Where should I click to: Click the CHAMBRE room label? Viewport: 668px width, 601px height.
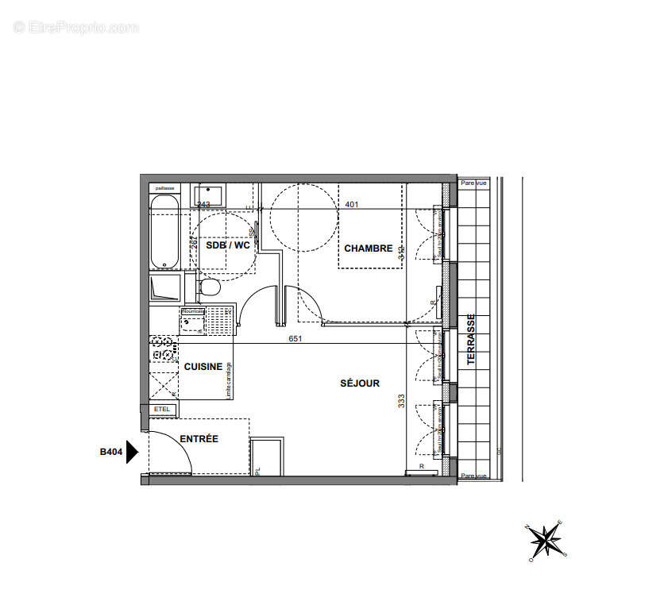pyautogui.click(x=368, y=248)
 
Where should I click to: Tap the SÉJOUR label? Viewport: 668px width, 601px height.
pyautogui.click(x=360, y=383)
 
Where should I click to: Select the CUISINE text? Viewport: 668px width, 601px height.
pyautogui.click(x=203, y=367)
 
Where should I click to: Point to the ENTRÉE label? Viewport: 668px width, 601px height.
pyautogui.click(x=199, y=439)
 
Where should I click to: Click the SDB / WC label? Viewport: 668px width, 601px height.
pyautogui.click(x=228, y=245)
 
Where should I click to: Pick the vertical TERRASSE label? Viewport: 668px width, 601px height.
pyautogui.click(x=471, y=339)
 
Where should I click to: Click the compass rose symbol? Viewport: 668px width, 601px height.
pyautogui.click(x=546, y=541)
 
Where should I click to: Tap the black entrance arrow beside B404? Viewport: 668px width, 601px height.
pyautogui.click(x=133, y=452)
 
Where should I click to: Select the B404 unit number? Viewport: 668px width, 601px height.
pyautogui.click(x=111, y=453)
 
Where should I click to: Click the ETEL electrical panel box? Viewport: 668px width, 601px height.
pyautogui.click(x=164, y=410)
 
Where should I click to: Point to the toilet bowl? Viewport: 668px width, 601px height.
pyautogui.click(x=210, y=287)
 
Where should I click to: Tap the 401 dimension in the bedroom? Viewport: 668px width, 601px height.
pyautogui.click(x=352, y=204)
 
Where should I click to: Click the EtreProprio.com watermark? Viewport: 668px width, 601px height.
pyautogui.click(x=76, y=28)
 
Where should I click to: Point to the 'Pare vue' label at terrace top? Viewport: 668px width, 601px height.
pyautogui.click(x=473, y=183)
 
